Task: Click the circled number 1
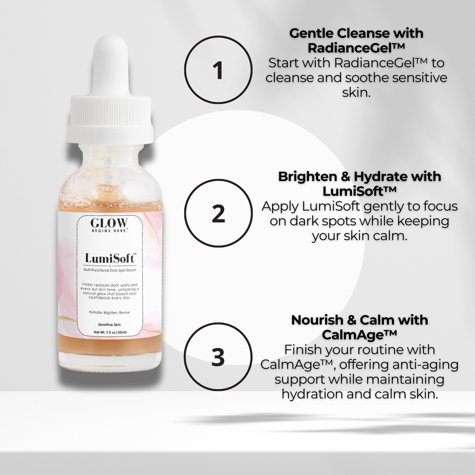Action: (218, 70)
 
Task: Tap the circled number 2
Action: (218, 213)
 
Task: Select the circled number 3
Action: (218, 357)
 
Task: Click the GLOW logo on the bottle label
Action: (109, 223)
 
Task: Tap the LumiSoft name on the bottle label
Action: (110, 258)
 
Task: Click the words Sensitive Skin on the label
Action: (109, 325)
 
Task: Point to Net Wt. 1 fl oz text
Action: (110, 332)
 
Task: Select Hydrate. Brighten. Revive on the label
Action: (109, 313)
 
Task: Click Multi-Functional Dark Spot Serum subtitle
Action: (110, 270)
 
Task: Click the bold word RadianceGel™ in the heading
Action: (356, 48)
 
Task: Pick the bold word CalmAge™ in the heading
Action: (359, 335)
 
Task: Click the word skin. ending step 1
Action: (356, 92)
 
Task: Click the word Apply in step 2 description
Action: (280, 206)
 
